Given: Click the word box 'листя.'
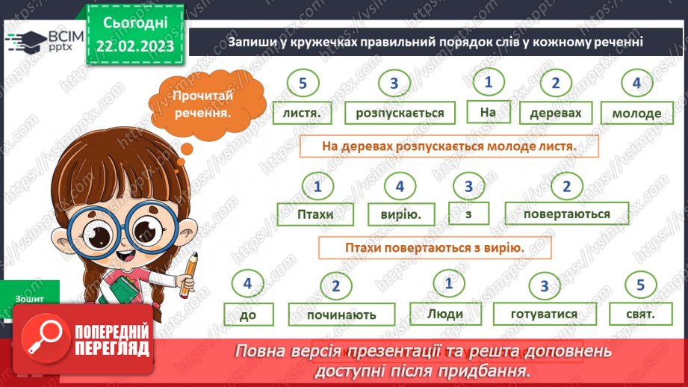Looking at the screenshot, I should click(x=302, y=113).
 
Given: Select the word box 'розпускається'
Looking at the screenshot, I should click(x=400, y=113).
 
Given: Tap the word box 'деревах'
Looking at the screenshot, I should click(x=555, y=113).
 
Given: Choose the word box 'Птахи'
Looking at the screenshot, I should click(x=314, y=214).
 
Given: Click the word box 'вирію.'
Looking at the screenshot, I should click(x=400, y=214).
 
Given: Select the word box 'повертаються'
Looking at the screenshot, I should click(x=567, y=214).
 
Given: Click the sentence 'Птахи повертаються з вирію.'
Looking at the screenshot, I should click(x=434, y=247).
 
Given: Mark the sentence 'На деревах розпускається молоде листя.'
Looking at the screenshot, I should click(x=449, y=146).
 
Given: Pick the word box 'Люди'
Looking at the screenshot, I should click(x=447, y=314).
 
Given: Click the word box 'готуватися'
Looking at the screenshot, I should click(x=544, y=314).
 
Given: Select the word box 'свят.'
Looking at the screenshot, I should click(x=636, y=314).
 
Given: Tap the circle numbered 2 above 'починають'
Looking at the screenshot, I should click(x=336, y=286).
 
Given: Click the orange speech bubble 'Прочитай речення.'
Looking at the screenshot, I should click(x=200, y=105).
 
